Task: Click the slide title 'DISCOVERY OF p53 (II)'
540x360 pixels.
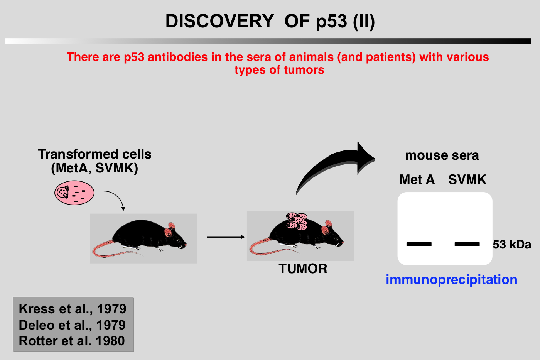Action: coord(270,21)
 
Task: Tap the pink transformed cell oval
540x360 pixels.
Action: coord(74,193)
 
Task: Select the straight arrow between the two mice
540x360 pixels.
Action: coord(226,237)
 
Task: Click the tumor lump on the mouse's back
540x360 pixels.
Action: coord(297,221)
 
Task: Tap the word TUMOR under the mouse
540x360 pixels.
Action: coord(303,269)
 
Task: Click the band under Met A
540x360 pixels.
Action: coord(419,244)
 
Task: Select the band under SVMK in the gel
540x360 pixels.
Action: coord(467,244)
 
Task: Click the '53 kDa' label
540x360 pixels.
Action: coord(512,245)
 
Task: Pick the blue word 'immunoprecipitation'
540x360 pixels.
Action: coord(452,280)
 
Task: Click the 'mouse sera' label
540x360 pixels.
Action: coord(442,155)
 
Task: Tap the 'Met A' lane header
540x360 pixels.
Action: coord(417,179)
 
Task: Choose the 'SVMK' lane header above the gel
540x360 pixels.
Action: coord(467,179)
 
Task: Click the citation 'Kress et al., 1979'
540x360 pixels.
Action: coord(73,309)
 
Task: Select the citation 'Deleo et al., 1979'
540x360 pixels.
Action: coord(72,325)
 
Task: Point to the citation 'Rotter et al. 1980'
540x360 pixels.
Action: coord(72,341)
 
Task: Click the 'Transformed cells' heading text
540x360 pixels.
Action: coord(94,154)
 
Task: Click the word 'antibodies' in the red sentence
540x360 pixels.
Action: coord(178,57)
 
